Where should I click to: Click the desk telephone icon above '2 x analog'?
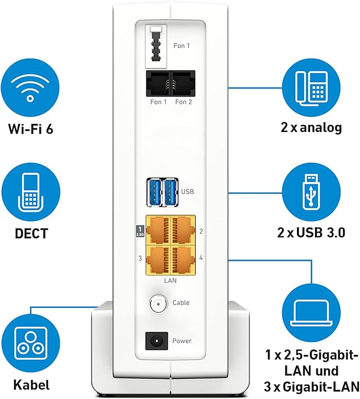(x=311, y=88)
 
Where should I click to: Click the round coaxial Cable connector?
(x=158, y=303)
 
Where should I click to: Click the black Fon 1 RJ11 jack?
(x=157, y=84)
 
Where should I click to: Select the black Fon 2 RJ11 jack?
(x=182, y=84)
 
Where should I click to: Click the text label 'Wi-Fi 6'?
(x=30, y=128)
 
